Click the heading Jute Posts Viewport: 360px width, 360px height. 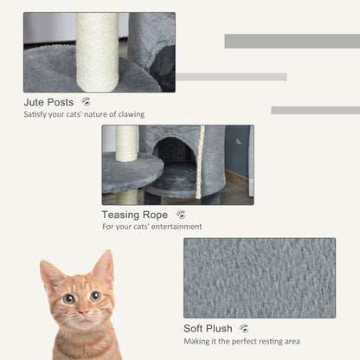48,102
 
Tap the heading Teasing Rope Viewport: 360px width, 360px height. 135,214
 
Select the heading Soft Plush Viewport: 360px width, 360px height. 208,329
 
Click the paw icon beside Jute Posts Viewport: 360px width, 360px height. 85,102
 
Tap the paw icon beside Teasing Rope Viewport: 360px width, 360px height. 180,214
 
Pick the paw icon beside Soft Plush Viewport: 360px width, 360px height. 244,329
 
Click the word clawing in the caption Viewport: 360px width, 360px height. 128,114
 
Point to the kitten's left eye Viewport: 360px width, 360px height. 67,299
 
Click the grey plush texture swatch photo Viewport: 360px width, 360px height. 259,278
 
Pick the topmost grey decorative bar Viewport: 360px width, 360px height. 292,41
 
